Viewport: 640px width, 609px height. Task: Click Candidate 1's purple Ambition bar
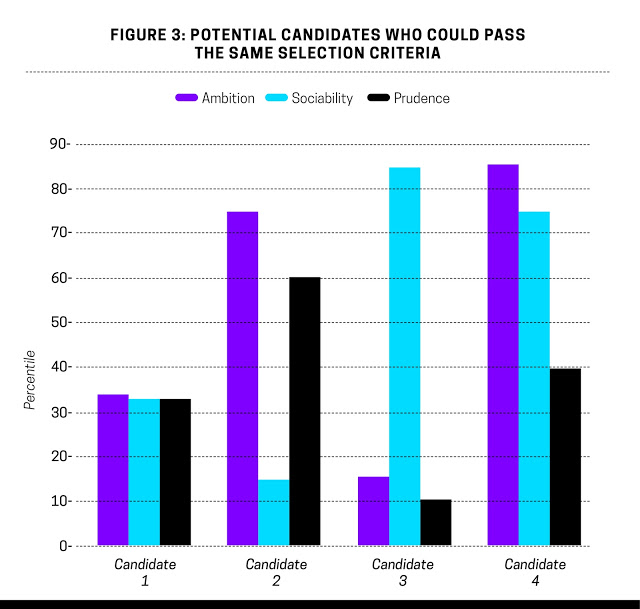[x=113, y=470]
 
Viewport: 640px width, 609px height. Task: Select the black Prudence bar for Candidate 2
[x=305, y=411]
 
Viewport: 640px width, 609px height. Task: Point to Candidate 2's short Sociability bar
[x=274, y=513]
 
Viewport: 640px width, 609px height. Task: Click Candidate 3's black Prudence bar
[x=435, y=522]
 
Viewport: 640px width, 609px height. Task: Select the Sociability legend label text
[x=321, y=98]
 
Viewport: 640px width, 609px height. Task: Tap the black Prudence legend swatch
[x=379, y=98]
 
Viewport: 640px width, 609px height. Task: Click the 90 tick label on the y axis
[x=57, y=144]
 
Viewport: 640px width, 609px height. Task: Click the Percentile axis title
[x=31, y=380]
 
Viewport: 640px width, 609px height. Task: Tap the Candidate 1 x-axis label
[x=145, y=573]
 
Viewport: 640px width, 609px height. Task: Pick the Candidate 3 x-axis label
[x=403, y=573]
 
